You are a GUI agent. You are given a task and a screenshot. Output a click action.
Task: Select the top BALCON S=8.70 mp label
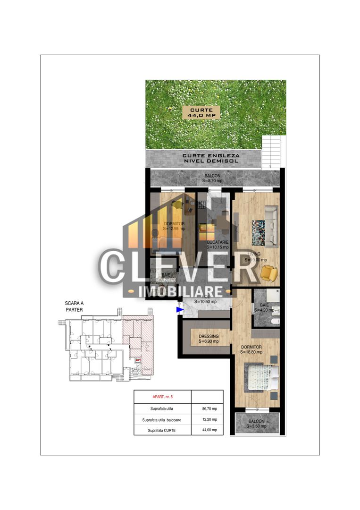[212, 178]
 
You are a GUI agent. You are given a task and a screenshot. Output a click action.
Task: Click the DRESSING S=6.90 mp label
[208, 339]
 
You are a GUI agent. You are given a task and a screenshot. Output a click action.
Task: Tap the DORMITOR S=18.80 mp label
[251, 349]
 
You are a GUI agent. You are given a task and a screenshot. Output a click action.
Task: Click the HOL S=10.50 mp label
[206, 299]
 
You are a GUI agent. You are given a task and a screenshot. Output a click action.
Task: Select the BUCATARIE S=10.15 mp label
[218, 244]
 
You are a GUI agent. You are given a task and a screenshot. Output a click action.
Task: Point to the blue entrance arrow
[180, 310]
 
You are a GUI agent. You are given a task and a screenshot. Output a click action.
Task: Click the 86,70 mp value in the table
[209, 409]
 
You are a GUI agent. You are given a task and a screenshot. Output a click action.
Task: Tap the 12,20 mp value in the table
[209, 419]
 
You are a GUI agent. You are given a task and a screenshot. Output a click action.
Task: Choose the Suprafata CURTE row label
[163, 430]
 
